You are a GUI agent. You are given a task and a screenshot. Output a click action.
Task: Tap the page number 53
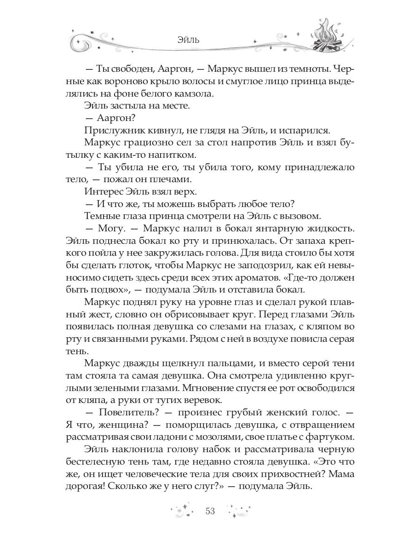(210, 512)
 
